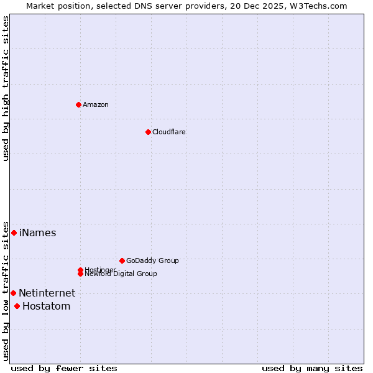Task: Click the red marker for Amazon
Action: pyautogui.click(x=78, y=104)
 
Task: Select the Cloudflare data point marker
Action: pyautogui.click(x=148, y=132)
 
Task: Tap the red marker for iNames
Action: pyautogui.click(x=14, y=233)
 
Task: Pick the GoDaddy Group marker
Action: pyautogui.click(x=122, y=260)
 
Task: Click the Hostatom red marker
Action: pyautogui.click(x=17, y=306)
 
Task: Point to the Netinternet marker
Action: pyautogui.click(x=13, y=293)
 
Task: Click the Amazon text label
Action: pyautogui.click(x=96, y=104)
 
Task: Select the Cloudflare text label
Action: pyautogui.click(x=169, y=132)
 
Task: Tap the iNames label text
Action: pyautogui.click(x=38, y=233)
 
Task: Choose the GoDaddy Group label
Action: pyautogui.click(x=152, y=260)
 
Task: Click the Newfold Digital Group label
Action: pyautogui.click(x=121, y=274)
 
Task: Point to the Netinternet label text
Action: pyautogui.click(x=47, y=293)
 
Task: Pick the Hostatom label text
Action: pyautogui.click(x=47, y=306)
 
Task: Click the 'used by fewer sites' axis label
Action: pyautogui.click(x=64, y=368)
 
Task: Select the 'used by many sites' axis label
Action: pyautogui.click(x=311, y=368)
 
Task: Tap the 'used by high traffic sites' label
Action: pyautogui.click(x=6, y=88)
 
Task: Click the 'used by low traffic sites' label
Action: pyautogui.click(x=6, y=290)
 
